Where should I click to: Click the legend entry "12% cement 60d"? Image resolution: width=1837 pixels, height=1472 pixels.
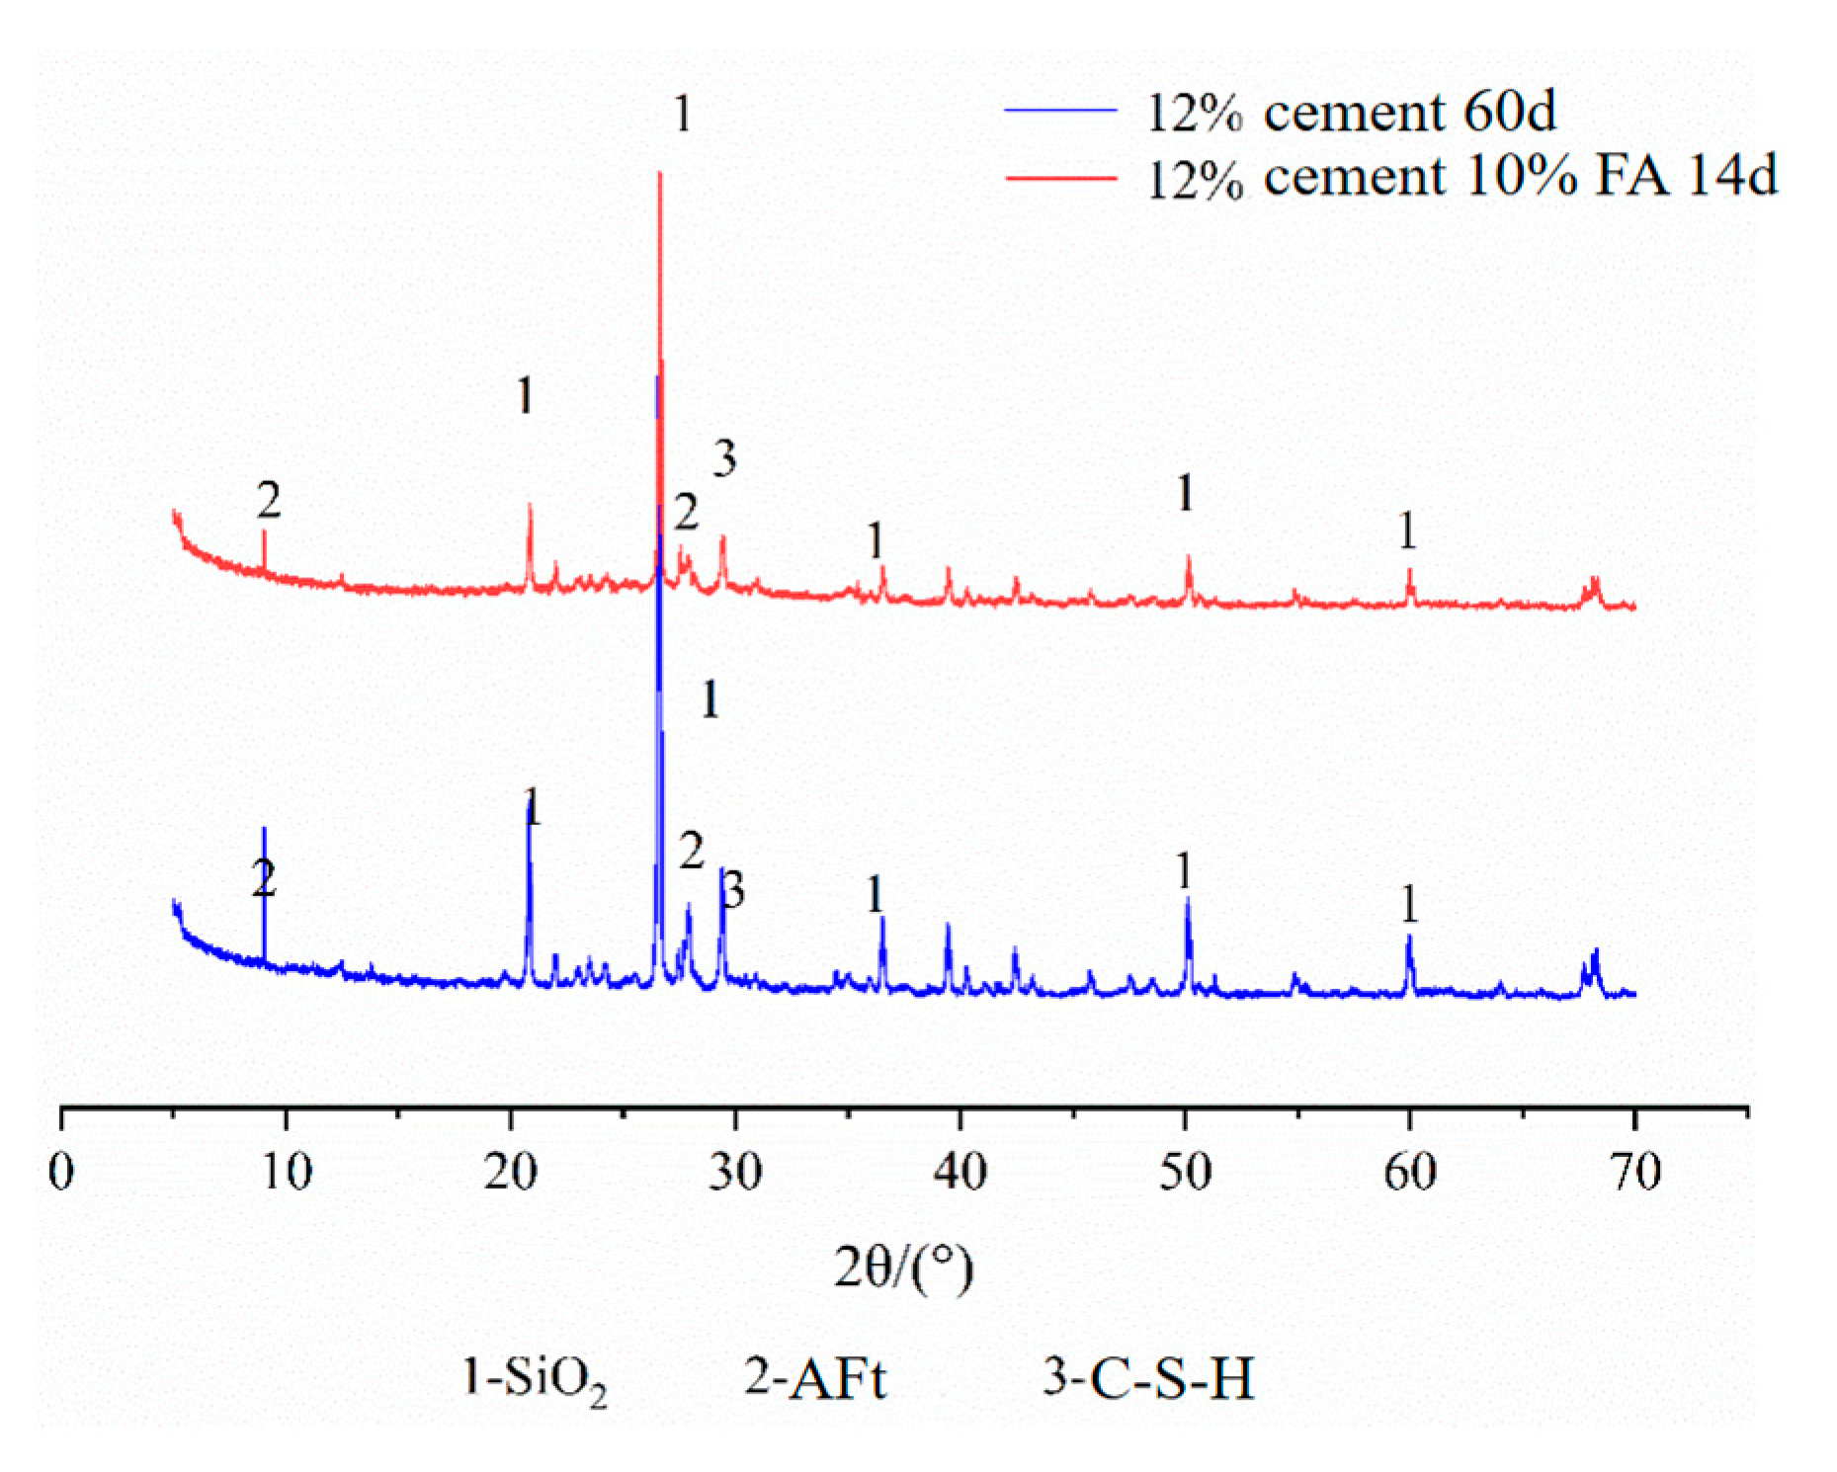coord(1350,111)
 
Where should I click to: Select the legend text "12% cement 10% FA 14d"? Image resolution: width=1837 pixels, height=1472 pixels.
coord(1461,178)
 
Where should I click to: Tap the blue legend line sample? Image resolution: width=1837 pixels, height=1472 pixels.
coord(1060,111)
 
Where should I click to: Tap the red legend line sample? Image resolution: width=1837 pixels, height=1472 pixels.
coord(1060,178)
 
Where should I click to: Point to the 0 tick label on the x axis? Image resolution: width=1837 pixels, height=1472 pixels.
coord(61,1173)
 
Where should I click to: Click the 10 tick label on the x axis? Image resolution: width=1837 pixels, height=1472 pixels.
coord(286,1173)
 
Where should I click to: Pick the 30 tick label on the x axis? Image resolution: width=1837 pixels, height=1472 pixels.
coord(735,1173)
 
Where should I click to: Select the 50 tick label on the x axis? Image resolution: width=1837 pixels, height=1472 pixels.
coord(1185,1173)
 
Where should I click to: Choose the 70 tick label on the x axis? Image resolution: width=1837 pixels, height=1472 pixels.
coord(1634,1173)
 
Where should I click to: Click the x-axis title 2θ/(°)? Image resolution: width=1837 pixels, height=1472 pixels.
coord(903,1268)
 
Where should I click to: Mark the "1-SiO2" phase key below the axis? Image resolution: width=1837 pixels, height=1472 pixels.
coord(534,1379)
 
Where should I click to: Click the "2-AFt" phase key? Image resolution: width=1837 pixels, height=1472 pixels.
coord(815,1379)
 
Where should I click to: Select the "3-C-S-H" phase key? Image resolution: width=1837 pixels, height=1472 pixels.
coord(1148,1379)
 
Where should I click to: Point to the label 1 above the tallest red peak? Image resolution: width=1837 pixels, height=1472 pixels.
coord(682,114)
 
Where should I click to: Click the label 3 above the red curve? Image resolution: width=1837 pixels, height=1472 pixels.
coord(724,458)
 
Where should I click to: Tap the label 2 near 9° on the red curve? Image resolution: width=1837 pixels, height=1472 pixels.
coord(268,501)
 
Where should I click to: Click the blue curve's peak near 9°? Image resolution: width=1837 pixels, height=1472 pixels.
coord(264,830)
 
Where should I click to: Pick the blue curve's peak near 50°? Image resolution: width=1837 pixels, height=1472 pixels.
coord(1187,899)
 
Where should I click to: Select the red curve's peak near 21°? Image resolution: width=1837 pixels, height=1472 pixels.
coord(530,506)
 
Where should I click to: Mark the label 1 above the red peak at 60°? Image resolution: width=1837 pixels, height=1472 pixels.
coord(1407,532)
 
